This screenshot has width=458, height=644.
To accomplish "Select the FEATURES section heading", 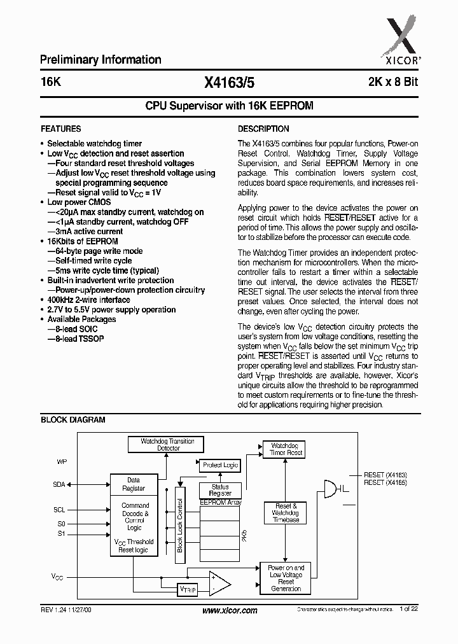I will coord(60,129).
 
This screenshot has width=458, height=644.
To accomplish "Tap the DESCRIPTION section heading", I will coord(263,129).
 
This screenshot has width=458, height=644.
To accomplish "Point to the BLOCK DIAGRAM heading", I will coord(73,420).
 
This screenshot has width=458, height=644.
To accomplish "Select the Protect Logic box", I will coord(220,465).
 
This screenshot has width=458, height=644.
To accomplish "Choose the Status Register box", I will coord(220,491).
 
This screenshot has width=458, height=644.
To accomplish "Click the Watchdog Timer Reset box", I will coord(287,449).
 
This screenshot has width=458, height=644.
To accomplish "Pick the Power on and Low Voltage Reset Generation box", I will coord(286,578).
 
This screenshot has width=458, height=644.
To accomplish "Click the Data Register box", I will coord(134,484).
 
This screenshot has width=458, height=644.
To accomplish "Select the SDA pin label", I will coord(59,484).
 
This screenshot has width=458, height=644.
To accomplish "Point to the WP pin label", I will coord(62,461).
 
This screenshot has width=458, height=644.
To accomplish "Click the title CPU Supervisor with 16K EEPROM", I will coord(229,106).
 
